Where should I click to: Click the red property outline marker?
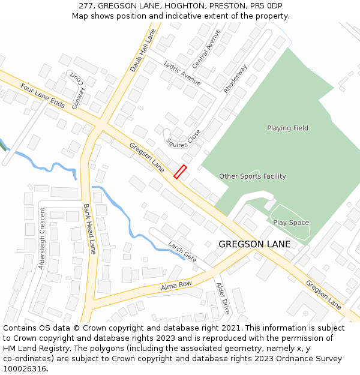pos(180,172)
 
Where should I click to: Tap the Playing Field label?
pos(287,128)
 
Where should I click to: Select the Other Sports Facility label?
pos(252,176)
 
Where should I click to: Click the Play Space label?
pos(291,223)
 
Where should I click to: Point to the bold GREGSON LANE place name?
pos(254,244)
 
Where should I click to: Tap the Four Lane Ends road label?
pos(42,95)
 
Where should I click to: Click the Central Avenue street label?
pos(206,48)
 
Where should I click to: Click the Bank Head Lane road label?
pos(89,229)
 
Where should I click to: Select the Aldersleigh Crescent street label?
pos(42,238)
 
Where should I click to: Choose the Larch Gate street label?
pos(182,252)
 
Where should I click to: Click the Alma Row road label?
pos(176,287)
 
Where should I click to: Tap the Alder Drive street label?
pos(223,298)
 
